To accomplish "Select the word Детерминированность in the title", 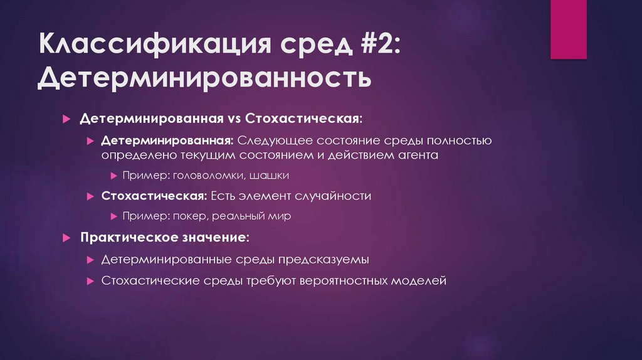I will [x=204, y=79].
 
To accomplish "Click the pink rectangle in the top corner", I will [x=568, y=29].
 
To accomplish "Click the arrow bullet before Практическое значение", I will [x=67, y=239].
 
